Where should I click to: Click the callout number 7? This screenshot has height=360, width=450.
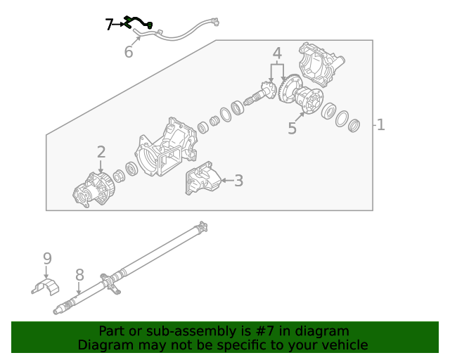tap(109, 25)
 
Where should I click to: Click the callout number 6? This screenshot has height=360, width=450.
tap(129, 52)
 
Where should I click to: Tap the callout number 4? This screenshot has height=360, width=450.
tap(277, 53)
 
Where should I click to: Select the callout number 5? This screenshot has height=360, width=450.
tap(292, 129)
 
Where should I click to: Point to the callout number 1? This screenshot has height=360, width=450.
tap(380, 125)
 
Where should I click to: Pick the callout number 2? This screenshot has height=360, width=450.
tap(101, 152)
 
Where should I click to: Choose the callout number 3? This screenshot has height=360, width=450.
tap(238, 181)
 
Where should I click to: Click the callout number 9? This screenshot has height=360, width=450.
tap(47, 258)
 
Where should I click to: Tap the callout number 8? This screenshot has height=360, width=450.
tap(79, 275)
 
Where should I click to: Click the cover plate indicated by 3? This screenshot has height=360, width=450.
tap(200, 180)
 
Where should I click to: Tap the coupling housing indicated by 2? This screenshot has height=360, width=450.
tap(94, 190)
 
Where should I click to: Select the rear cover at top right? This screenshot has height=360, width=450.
tap(321, 63)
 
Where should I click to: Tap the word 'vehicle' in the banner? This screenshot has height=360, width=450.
tap(344, 345)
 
